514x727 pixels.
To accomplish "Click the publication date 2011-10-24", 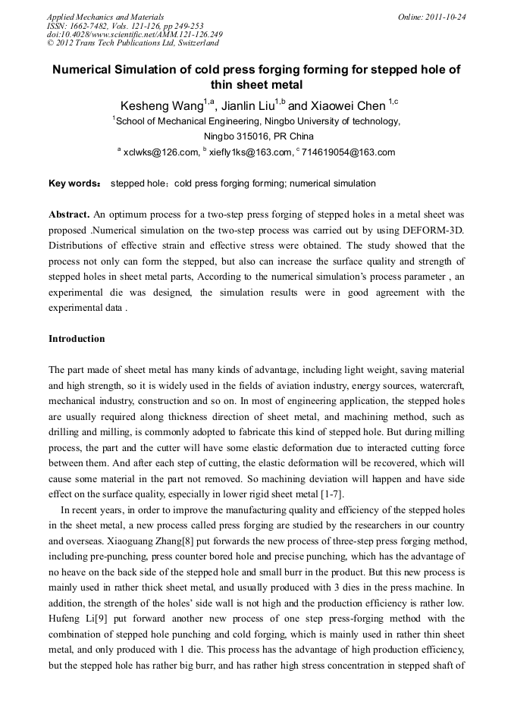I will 446,17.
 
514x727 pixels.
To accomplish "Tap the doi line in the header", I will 134,34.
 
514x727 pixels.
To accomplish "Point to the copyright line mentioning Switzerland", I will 133,43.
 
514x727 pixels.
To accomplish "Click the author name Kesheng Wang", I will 155,105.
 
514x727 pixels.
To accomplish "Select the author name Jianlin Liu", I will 242,105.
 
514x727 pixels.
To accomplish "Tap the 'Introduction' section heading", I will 77,339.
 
